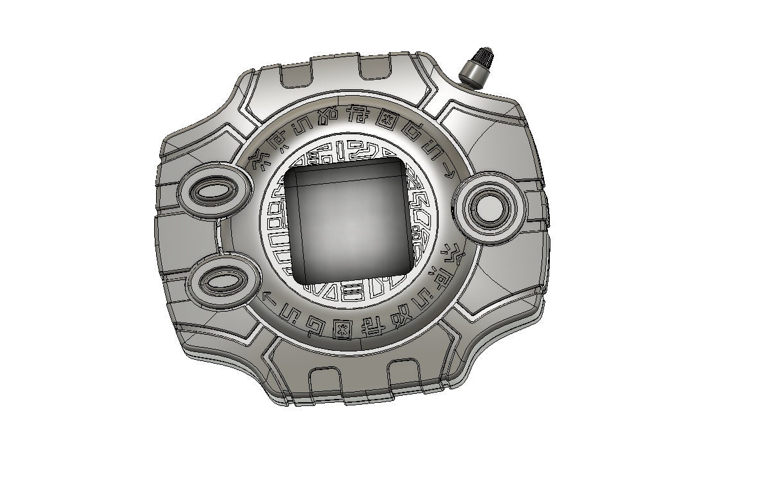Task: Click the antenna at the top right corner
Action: (476, 67)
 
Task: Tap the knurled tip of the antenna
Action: (481, 57)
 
